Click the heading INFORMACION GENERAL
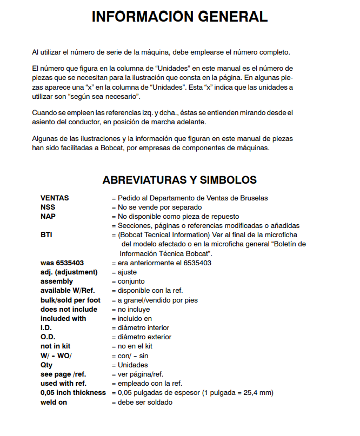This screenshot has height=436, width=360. pyautogui.click(x=179, y=17)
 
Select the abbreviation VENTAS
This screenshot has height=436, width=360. pyautogui.click(x=55, y=198)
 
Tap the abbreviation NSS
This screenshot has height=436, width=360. pyautogui.click(x=48, y=207)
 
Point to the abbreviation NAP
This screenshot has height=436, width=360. pyautogui.click(x=48, y=216)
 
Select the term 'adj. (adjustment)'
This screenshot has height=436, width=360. pyautogui.click(x=69, y=272)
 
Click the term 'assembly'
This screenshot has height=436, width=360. pyautogui.click(x=57, y=281)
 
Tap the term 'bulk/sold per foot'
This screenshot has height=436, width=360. pyautogui.click(x=70, y=300)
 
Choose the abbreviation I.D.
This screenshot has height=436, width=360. pyautogui.click(x=46, y=328)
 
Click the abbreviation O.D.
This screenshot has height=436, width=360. pyautogui.click(x=48, y=337)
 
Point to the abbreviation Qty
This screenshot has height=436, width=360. pyautogui.click(x=47, y=365)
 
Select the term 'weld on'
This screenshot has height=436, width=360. pyautogui.click(x=54, y=403)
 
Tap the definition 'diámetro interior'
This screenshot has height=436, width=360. pyautogui.click(x=143, y=328)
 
